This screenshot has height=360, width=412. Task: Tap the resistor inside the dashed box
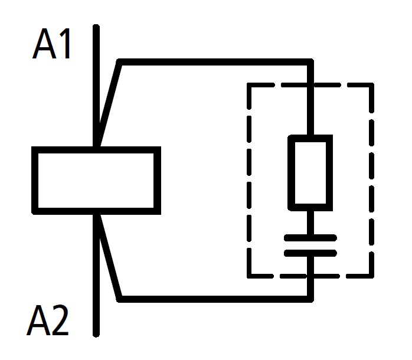310,172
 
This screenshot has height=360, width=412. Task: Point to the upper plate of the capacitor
310,238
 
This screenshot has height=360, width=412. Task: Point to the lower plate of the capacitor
310,253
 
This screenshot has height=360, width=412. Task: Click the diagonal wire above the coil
110,100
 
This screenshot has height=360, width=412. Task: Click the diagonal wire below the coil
110,257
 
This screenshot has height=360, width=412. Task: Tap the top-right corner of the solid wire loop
310,62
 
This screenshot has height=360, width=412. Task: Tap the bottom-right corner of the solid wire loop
310,298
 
